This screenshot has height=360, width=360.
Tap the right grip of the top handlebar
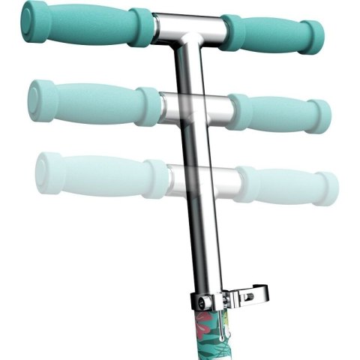click(x=270, y=33)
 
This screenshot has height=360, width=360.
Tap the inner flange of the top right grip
click(x=231, y=32)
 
